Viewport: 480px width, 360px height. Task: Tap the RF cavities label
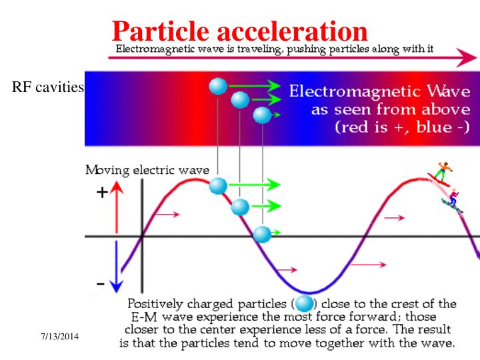[47, 87]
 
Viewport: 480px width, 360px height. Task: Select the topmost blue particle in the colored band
[218, 85]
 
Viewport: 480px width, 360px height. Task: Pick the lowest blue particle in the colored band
[262, 115]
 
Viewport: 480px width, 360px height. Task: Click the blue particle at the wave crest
[218, 185]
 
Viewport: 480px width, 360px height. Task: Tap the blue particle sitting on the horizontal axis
[263, 234]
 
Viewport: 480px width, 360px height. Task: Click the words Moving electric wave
[147, 171]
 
